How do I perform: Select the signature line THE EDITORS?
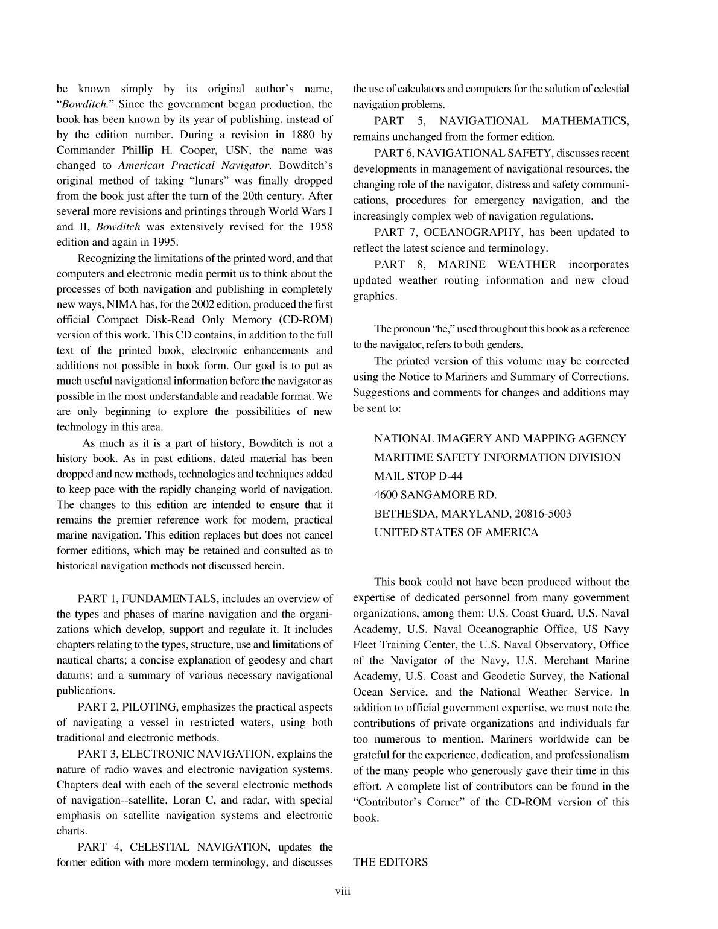tap(390, 862)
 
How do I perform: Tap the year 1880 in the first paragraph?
tap(299, 135)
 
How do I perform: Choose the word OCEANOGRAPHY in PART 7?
tap(472, 232)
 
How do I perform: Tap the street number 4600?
tap(386, 495)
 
